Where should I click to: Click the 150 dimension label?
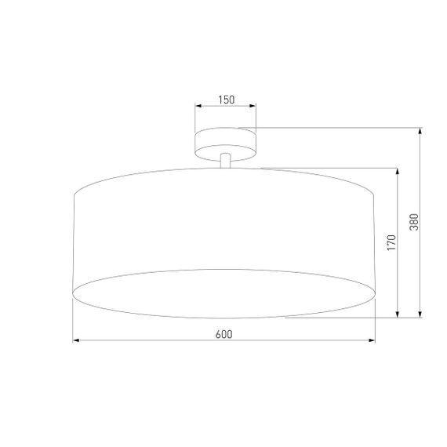(226, 100)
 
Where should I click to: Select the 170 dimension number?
(391, 242)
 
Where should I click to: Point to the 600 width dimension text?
(223, 334)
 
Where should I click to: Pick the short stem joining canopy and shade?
(226, 160)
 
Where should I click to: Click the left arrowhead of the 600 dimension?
(76, 341)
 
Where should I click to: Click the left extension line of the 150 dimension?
(195, 118)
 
